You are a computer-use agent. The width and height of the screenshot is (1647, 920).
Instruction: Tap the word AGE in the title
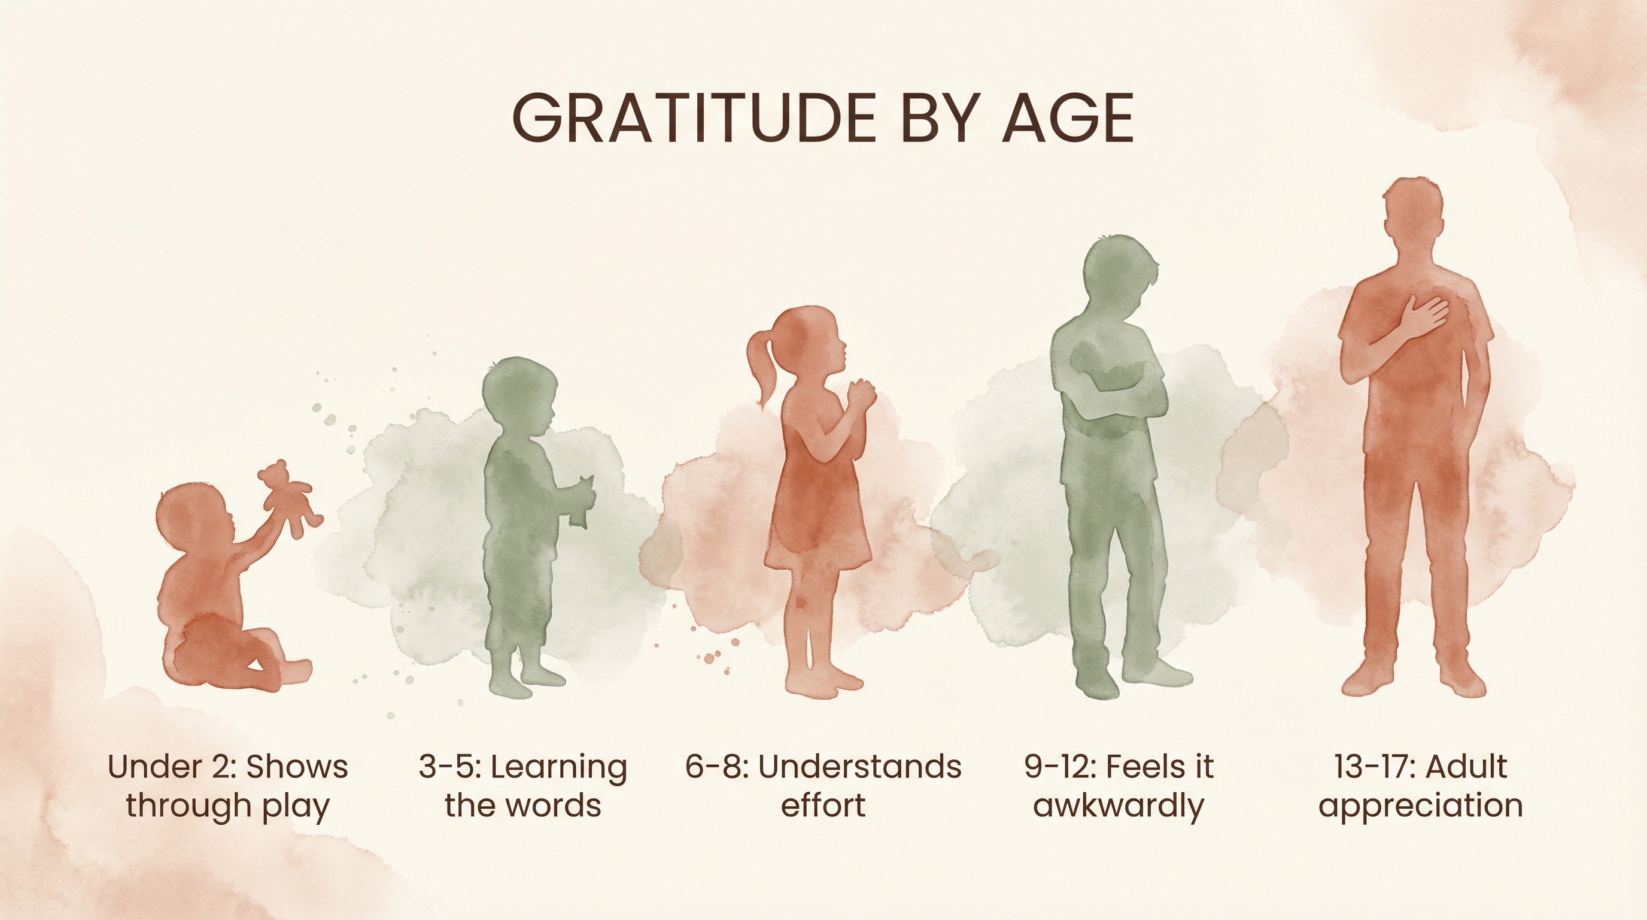[x=1067, y=119]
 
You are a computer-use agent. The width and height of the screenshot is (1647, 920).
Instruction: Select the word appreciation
[x=1420, y=806]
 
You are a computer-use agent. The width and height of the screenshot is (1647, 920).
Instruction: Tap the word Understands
[x=859, y=767]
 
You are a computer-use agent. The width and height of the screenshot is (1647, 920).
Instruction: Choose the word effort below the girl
[x=823, y=806]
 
